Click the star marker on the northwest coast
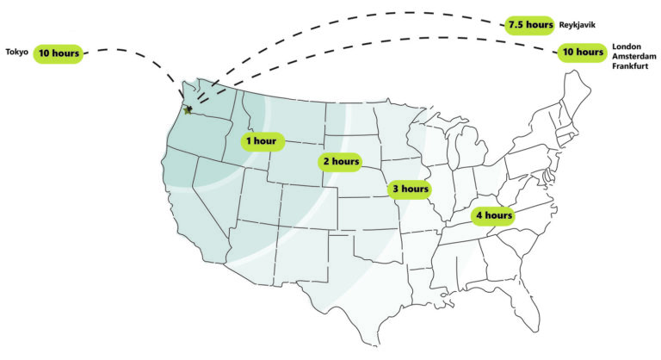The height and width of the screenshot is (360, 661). (188, 110)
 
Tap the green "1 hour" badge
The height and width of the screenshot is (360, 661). (260, 140)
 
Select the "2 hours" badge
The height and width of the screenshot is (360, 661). (340, 161)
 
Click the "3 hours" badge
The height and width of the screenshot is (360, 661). (409, 189)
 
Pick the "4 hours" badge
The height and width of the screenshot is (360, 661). (494, 214)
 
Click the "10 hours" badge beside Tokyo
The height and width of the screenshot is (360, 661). (59, 53)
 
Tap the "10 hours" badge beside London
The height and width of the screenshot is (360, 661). (583, 53)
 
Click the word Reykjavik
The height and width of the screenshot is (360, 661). (578, 25)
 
